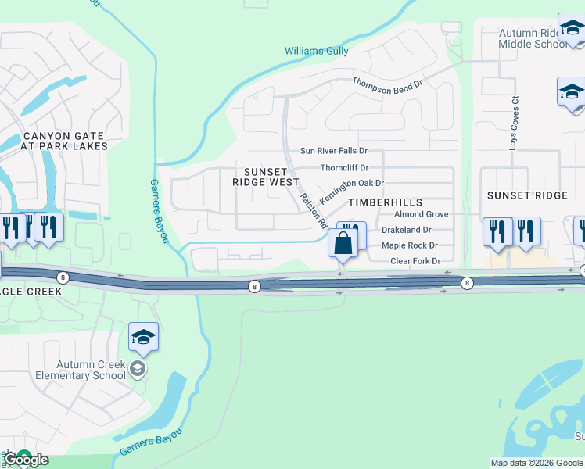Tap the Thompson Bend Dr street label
(x=387, y=83)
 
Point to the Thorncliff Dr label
(x=344, y=167)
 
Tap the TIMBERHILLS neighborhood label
(x=379, y=202)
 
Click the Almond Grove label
(x=421, y=214)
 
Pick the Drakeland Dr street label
(x=406, y=230)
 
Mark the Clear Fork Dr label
(x=415, y=261)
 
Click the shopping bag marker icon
(x=343, y=243)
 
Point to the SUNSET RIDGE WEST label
(x=266, y=176)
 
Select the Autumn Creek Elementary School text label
(x=80, y=370)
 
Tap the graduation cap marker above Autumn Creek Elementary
(x=144, y=337)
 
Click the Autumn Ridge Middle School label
(x=533, y=39)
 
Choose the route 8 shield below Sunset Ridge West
(x=254, y=287)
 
